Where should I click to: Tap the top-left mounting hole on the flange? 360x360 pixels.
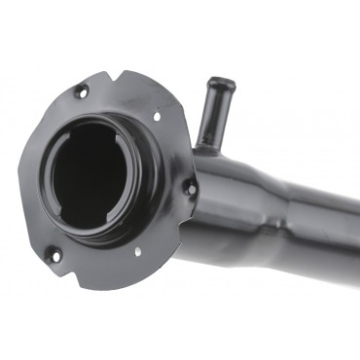point(81,92)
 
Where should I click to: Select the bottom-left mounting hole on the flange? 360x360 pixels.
point(54,255)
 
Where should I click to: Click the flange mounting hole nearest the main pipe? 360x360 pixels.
point(191,187)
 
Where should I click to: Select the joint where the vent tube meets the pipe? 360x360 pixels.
point(207,146)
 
